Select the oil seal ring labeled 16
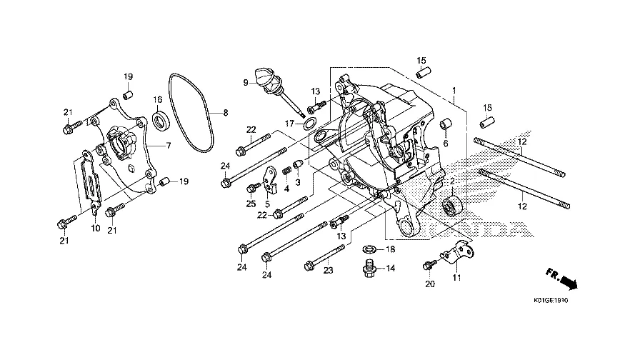161,120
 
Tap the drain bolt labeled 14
369,269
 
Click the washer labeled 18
369,248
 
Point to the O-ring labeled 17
310,123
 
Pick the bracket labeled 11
458,252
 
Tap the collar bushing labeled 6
446,124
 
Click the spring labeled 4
286,171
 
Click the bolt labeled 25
254,187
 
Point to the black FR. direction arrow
566,280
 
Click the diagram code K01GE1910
551,301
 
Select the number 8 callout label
226,113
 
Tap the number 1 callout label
454,90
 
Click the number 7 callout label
169,146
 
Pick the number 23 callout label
328,270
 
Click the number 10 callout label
96,229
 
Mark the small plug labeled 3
298,165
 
